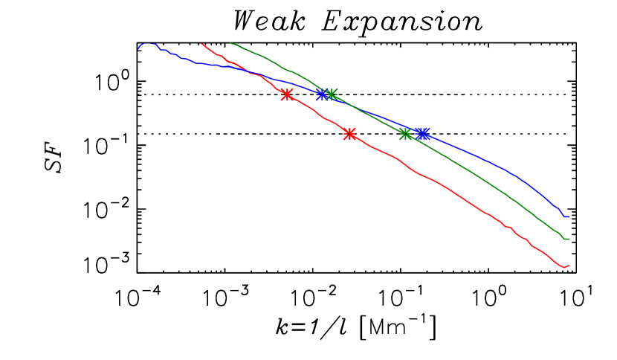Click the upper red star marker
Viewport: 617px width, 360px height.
287,94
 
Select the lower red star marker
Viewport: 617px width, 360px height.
349,134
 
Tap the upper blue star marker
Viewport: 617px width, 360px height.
321,94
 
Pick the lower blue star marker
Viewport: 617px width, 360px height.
422,134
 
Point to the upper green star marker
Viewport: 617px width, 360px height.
332,94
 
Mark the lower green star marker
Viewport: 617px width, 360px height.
405,134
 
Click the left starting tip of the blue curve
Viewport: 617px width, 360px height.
139,49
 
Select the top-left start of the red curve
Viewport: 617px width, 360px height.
202,44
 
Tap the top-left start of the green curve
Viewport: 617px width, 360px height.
231,43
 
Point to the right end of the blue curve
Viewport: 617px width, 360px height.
568,216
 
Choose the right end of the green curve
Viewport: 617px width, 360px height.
568,239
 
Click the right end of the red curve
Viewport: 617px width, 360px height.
569,266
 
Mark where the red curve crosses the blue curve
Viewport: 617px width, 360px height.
253,72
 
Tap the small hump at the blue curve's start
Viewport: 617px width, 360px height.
152,44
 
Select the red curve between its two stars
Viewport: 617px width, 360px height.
320,115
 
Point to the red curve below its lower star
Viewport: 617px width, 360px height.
446,187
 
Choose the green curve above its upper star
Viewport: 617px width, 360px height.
282,68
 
